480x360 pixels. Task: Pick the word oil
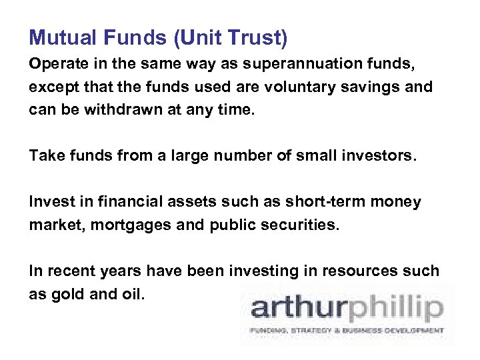pyautogui.click(x=131, y=293)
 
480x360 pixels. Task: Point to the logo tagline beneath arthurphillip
pyautogui.click(x=346, y=330)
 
